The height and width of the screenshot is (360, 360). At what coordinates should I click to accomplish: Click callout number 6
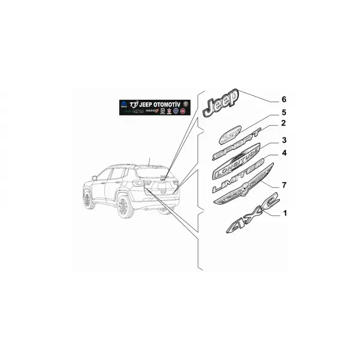click(283, 99)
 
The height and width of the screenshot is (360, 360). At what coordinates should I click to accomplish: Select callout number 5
click(283, 112)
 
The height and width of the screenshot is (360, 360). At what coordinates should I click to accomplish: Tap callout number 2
click(283, 123)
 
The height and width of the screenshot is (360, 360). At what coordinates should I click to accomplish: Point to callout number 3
click(283, 140)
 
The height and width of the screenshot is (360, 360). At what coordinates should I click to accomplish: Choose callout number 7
click(283, 184)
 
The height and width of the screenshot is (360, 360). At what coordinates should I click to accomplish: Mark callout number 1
click(283, 212)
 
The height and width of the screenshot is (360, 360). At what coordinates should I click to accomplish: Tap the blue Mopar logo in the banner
click(123, 103)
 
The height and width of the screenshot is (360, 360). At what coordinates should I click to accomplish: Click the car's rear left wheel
click(122, 207)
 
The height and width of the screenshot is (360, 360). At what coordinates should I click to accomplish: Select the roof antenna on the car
click(149, 160)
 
